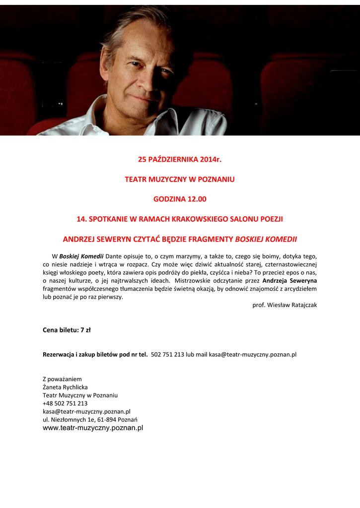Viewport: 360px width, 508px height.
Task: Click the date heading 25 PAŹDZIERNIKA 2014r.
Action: coord(179,159)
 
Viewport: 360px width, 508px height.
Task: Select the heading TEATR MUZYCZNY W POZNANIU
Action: coord(179,179)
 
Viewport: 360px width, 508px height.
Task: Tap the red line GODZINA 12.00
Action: coord(179,199)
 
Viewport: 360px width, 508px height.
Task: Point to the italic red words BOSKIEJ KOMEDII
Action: coord(266,239)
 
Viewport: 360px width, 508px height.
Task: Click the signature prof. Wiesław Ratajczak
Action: coord(285,305)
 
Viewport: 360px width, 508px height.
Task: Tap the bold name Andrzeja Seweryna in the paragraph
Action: coord(289,280)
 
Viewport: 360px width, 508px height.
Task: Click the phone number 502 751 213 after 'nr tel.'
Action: coord(167,355)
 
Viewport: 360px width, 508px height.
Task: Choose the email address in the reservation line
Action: coord(252,355)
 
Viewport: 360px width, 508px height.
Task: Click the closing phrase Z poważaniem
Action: coord(62,379)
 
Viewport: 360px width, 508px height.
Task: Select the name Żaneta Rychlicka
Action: coord(65,387)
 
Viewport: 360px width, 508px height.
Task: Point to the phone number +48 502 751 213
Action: coord(65,403)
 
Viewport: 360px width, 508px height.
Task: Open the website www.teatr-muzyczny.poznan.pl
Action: coord(93,428)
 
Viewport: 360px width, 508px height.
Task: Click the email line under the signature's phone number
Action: coord(86,411)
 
